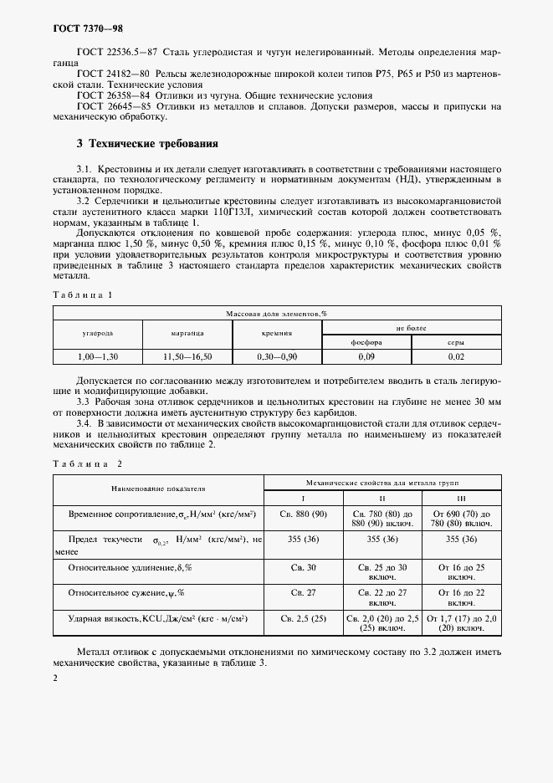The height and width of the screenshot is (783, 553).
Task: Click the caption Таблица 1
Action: click(x=81, y=294)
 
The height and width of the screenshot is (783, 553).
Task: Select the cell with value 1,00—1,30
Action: click(x=98, y=356)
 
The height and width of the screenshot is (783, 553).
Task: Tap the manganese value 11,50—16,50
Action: click(x=187, y=356)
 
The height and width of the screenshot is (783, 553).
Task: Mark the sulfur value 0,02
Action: click(x=455, y=356)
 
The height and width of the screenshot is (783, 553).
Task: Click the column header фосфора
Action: click(x=366, y=341)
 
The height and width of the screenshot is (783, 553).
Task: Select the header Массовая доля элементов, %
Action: click(x=277, y=313)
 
